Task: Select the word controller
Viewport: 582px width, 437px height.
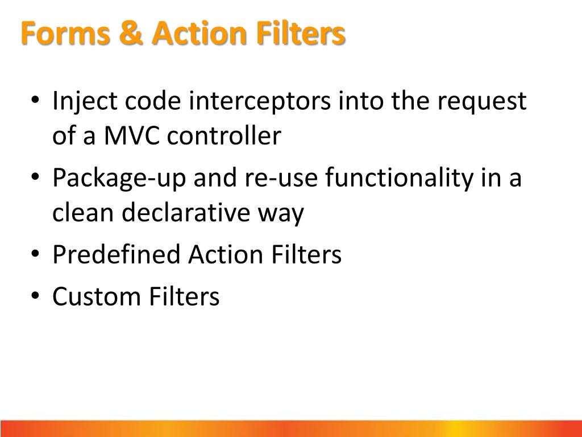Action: pos(224,137)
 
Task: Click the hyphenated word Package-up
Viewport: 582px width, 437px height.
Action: pos(120,179)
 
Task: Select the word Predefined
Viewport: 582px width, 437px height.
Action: pos(116,255)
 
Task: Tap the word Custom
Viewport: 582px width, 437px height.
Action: pos(97,297)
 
